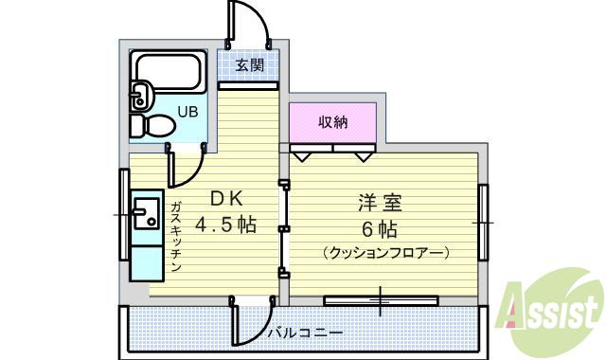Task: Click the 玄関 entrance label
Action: coord(250,66)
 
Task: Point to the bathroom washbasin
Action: coord(141,95)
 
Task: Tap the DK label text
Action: coord(227,198)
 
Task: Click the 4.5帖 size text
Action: coord(226,225)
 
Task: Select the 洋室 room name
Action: coord(382,203)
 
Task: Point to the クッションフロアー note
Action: coord(384,253)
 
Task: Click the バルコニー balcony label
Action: coord(304,333)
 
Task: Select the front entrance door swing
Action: coord(248,24)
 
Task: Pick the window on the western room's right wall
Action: coord(482,223)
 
